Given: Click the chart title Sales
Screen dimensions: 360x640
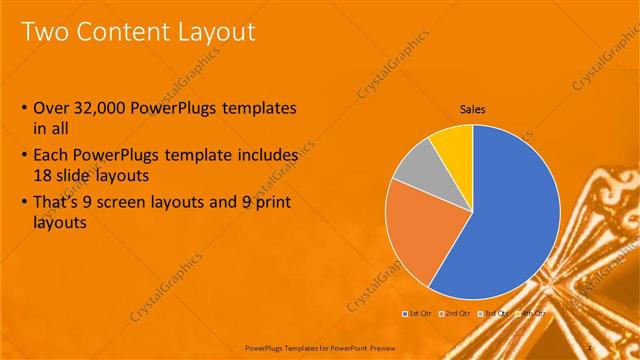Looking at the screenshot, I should pos(473,109).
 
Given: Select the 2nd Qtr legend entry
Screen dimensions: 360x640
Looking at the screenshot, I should pos(457,313).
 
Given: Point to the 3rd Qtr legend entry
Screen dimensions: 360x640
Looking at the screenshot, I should pos(496,313).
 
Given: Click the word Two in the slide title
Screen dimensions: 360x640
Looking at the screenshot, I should pos(45,33).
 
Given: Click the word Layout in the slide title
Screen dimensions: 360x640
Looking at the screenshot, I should pos(218,33).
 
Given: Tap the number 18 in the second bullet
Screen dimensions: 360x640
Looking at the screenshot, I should pos(44,174).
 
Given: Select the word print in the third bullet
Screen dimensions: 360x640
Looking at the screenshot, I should pos(263,199).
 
